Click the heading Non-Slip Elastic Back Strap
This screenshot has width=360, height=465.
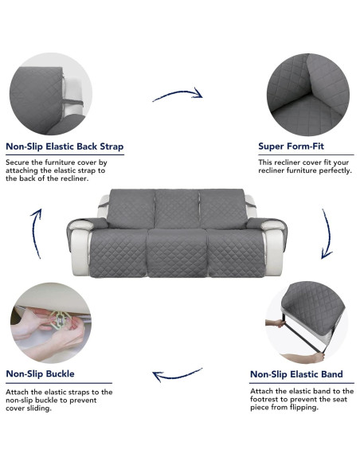click(65, 147)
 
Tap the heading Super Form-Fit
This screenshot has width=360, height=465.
click(291, 147)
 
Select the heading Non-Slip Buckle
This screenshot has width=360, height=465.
click(41, 373)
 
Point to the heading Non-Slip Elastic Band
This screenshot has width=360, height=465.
click(296, 374)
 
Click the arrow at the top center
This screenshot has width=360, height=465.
click(177, 95)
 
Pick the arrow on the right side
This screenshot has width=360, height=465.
click(326, 235)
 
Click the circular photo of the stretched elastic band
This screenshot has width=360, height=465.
click(307, 322)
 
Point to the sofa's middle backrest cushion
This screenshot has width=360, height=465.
click(177, 209)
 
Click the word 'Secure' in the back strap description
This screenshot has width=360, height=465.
click(18, 162)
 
